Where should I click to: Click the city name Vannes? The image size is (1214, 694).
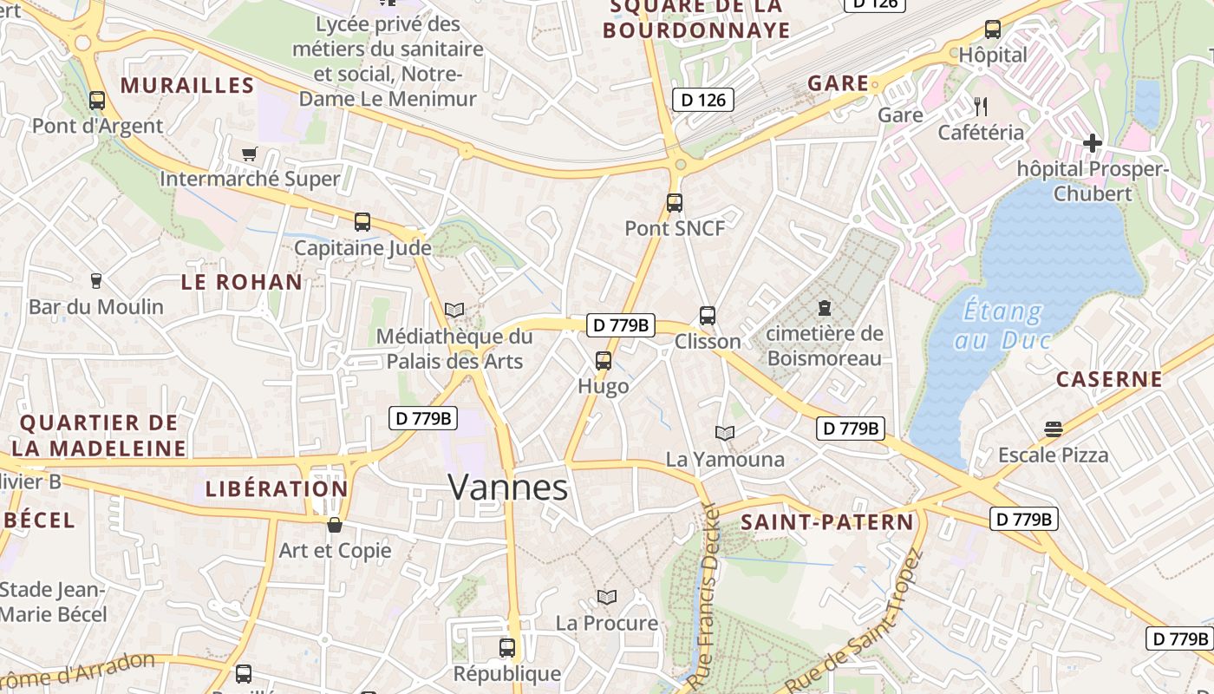point(508,488)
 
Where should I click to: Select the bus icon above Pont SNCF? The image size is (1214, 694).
point(675,203)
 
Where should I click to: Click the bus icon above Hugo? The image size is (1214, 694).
point(604,361)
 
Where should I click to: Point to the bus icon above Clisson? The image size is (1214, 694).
point(708,316)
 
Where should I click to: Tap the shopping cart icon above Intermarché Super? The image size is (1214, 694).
point(250,154)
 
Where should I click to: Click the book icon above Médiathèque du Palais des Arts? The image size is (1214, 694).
point(454,310)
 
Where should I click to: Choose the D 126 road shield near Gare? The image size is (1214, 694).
point(702,100)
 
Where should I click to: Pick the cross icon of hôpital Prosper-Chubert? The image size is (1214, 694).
point(1093,143)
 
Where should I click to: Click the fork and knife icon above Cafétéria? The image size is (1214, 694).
point(981,107)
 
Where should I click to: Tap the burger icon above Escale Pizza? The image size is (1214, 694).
point(1054,429)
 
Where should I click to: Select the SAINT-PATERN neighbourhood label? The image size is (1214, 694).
point(827,522)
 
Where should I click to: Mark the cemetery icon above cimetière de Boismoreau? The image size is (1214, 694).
point(824,308)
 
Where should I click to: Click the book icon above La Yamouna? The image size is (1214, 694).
point(725,433)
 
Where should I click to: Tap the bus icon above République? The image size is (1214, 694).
point(507,647)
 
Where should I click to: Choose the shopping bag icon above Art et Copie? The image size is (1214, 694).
point(335,525)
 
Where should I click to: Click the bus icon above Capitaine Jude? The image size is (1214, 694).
point(362,222)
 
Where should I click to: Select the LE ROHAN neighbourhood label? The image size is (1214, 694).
point(242,282)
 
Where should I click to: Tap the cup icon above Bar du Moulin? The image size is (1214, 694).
point(96,281)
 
